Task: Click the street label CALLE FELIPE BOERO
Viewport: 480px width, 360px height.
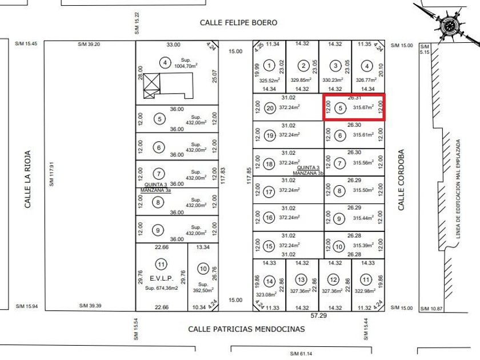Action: coord(238,23)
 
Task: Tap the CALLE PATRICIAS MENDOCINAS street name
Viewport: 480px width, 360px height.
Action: coord(247,329)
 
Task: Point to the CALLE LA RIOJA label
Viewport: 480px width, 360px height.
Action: coord(27,179)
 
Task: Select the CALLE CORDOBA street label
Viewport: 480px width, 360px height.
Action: coord(401,180)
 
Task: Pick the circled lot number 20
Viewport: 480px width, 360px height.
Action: coord(270,107)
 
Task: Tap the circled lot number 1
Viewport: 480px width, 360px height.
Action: coord(270,67)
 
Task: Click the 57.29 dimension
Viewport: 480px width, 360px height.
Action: coord(318,315)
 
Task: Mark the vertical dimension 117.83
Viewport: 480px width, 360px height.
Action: coord(223,175)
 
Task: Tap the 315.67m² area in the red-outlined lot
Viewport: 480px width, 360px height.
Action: coord(363,107)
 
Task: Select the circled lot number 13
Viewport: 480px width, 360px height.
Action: coord(302,279)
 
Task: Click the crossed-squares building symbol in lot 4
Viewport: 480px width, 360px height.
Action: coord(152,86)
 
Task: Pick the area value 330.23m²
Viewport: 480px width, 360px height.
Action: coord(334,81)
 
